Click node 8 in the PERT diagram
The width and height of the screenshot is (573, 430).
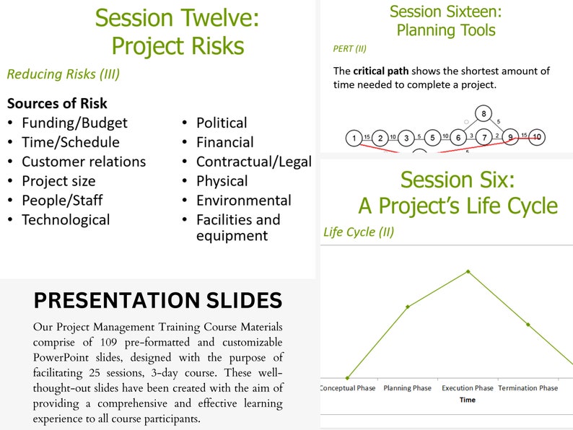[484, 113]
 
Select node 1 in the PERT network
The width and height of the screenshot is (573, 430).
[353, 138]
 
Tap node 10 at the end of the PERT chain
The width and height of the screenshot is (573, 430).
[536, 137]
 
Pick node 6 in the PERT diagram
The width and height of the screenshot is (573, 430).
[458, 137]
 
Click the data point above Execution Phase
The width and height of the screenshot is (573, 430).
[468, 271]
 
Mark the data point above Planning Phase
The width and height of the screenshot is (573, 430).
[408, 307]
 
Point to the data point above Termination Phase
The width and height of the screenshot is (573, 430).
[528, 324]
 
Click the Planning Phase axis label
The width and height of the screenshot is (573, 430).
[407, 388]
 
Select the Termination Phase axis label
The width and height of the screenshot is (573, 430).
[528, 388]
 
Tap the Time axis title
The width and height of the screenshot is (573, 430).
[467, 400]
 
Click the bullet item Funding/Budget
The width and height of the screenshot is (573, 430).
[74, 123]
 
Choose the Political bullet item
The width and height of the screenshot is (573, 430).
[222, 123]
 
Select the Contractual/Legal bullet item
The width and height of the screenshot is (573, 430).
[253, 162]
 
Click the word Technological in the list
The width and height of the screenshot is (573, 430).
[66, 220]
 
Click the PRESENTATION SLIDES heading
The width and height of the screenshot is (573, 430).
[158, 299]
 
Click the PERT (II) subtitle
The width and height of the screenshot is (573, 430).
[349, 48]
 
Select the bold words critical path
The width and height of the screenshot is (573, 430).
[382, 71]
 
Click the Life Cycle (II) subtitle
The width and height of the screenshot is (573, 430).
[358, 232]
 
